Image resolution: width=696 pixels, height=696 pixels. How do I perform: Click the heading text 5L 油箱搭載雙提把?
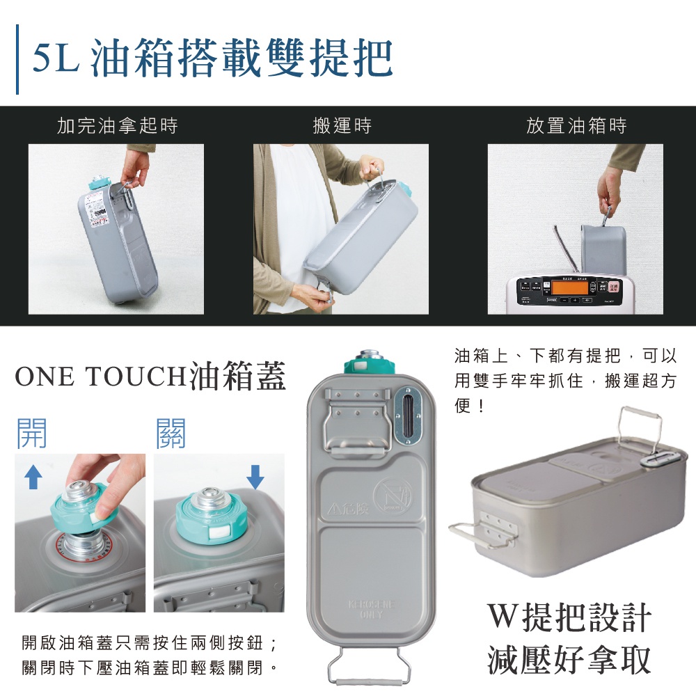click(x=213, y=59)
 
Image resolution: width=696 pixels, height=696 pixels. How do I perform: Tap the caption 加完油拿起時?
click(x=117, y=126)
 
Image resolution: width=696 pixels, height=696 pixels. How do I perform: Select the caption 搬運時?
click(x=342, y=126)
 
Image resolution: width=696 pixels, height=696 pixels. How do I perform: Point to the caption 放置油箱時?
click(x=576, y=126)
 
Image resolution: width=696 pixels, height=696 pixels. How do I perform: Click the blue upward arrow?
click(x=32, y=477)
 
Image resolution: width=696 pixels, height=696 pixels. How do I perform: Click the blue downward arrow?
click(x=255, y=477)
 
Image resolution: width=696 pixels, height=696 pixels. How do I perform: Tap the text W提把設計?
click(x=569, y=617)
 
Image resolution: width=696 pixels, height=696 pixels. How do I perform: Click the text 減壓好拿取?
click(x=569, y=658)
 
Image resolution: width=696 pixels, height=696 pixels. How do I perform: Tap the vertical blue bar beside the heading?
click(x=17, y=59)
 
